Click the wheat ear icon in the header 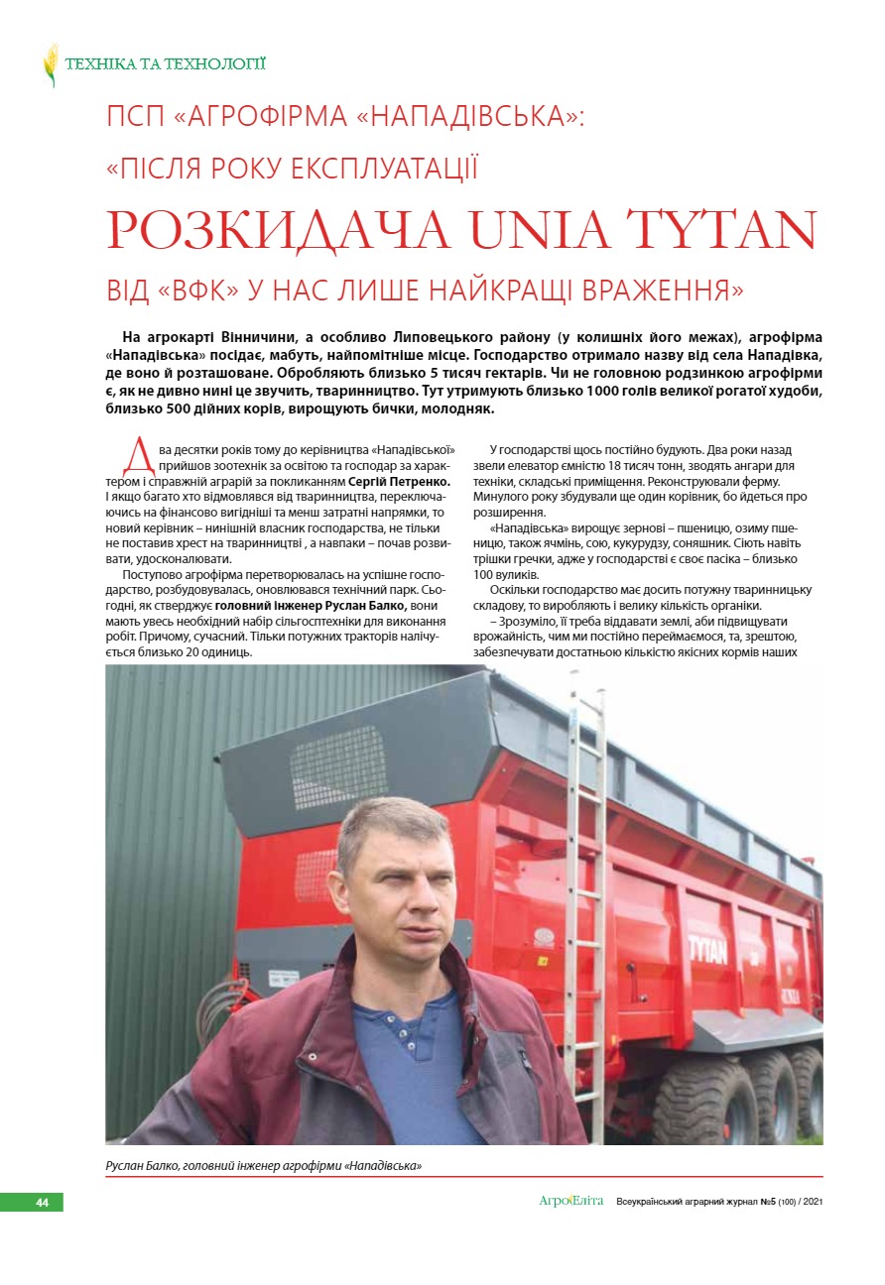pyautogui.click(x=51, y=64)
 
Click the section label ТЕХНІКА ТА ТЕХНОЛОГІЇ pyautogui.click(x=165, y=64)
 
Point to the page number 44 pyautogui.click(x=42, y=1202)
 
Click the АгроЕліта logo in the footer pyautogui.click(x=570, y=1202)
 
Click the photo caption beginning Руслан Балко pyautogui.click(x=264, y=1165)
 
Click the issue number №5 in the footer pyautogui.click(x=768, y=1202)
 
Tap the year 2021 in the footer pyautogui.click(x=812, y=1202)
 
